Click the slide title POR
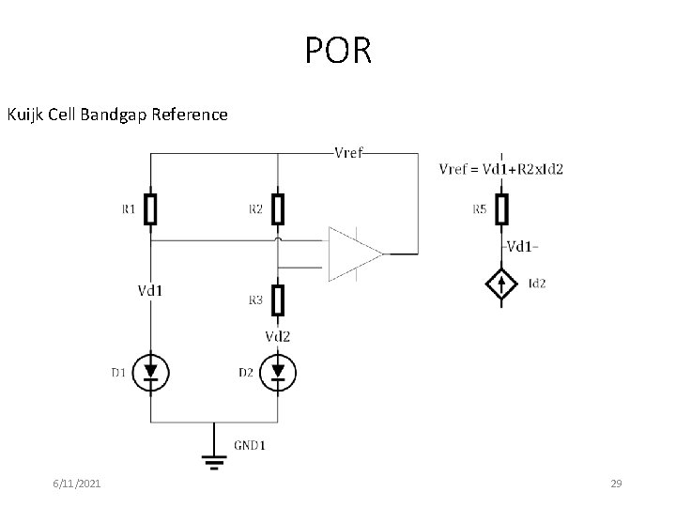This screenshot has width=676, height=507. (x=338, y=51)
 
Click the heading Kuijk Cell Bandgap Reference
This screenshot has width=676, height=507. (x=117, y=115)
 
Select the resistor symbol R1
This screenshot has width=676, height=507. (x=150, y=209)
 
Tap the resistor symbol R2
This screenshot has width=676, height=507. (x=277, y=209)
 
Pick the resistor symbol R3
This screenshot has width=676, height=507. (x=277, y=300)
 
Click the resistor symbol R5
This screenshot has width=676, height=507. (x=502, y=209)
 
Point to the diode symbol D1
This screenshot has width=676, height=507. (x=150, y=373)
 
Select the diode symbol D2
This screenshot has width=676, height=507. (x=277, y=373)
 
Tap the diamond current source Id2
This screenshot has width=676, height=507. (x=502, y=283)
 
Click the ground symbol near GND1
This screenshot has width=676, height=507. (x=215, y=460)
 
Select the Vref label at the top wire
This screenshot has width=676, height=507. (x=349, y=152)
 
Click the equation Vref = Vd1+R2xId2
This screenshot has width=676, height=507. (x=501, y=169)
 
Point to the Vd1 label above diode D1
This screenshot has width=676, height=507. (x=150, y=290)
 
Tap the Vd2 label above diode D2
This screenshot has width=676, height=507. (x=277, y=336)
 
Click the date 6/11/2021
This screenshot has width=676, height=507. (x=77, y=484)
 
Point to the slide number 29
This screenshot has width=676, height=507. (x=617, y=484)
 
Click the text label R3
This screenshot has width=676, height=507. (x=255, y=300)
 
